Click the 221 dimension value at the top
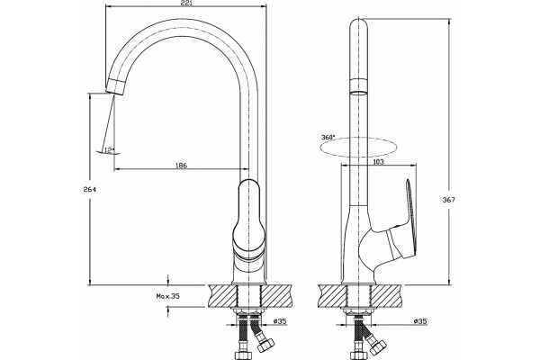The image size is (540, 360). [186, 3]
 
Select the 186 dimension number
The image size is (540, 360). [181, 166]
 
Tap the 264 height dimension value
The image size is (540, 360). [89, 189]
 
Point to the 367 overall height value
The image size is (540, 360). [449, 200]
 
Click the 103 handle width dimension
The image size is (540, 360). [378, 161]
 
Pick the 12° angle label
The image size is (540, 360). [109, 150]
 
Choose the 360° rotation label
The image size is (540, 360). [328, 137]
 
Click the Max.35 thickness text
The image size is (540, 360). [168, 296]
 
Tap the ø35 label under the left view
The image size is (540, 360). [280, 321]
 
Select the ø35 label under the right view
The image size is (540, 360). [420, 321]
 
